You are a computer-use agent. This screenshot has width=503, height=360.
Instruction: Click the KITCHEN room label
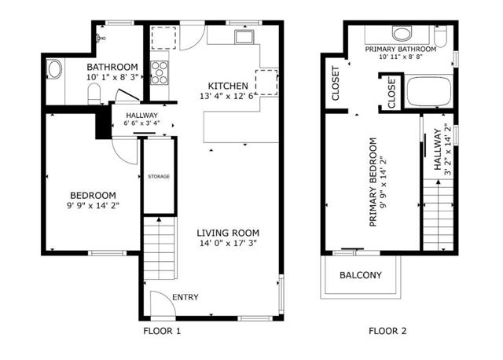pos(228,86)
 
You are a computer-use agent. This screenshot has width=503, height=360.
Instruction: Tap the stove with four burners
pos(160,73)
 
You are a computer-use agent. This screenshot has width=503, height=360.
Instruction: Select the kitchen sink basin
pos(244,37)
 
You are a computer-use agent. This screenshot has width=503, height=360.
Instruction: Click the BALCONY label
pos(361,275)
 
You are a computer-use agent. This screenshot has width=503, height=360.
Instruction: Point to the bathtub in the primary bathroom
pos(428,91)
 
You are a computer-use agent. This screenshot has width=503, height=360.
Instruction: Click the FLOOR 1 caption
pos(162,331)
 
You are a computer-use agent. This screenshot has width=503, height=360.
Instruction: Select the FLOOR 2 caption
pos(387,331)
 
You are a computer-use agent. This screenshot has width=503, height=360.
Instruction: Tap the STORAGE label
pos(159,177)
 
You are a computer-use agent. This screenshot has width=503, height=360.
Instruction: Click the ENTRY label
pos(185,297)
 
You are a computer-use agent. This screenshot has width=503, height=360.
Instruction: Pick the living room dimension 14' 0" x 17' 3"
pos(228,243)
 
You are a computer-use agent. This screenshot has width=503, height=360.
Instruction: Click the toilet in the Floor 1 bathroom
pos(94,94)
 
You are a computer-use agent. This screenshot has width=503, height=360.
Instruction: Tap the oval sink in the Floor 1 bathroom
pos(54,68)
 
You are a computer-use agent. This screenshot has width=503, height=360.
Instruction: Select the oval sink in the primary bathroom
pos(402,33)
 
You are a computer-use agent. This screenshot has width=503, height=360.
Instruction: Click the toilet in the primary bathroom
pos(441,37)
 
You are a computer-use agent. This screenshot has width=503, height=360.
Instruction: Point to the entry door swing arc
pos(167,299)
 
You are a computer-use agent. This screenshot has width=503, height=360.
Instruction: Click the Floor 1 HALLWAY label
pos(141,116)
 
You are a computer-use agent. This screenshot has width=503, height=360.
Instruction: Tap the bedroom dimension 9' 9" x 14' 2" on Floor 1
pos(93,206)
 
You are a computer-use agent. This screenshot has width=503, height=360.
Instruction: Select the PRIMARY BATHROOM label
pos(401,50)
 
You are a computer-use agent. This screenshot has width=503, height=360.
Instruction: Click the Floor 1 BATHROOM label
pos(112,67)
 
